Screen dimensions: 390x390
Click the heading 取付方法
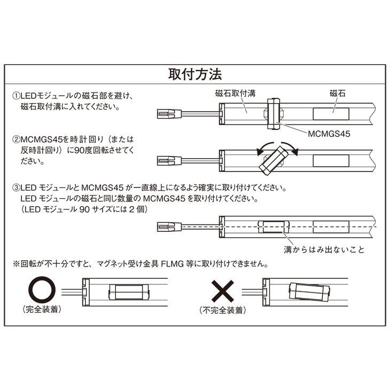click(x=194, y=74)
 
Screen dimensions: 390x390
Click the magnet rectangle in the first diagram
click(x=331, y=113)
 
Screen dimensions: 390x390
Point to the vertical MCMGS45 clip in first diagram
click(x=275, y=113)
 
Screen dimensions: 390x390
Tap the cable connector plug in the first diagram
click(x=167, y=113)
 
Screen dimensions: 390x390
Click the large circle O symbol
click(x=42, y=290)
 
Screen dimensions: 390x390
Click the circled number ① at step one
click(x=16, y=97)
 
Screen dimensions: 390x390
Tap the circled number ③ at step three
click(x=16, y=189)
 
